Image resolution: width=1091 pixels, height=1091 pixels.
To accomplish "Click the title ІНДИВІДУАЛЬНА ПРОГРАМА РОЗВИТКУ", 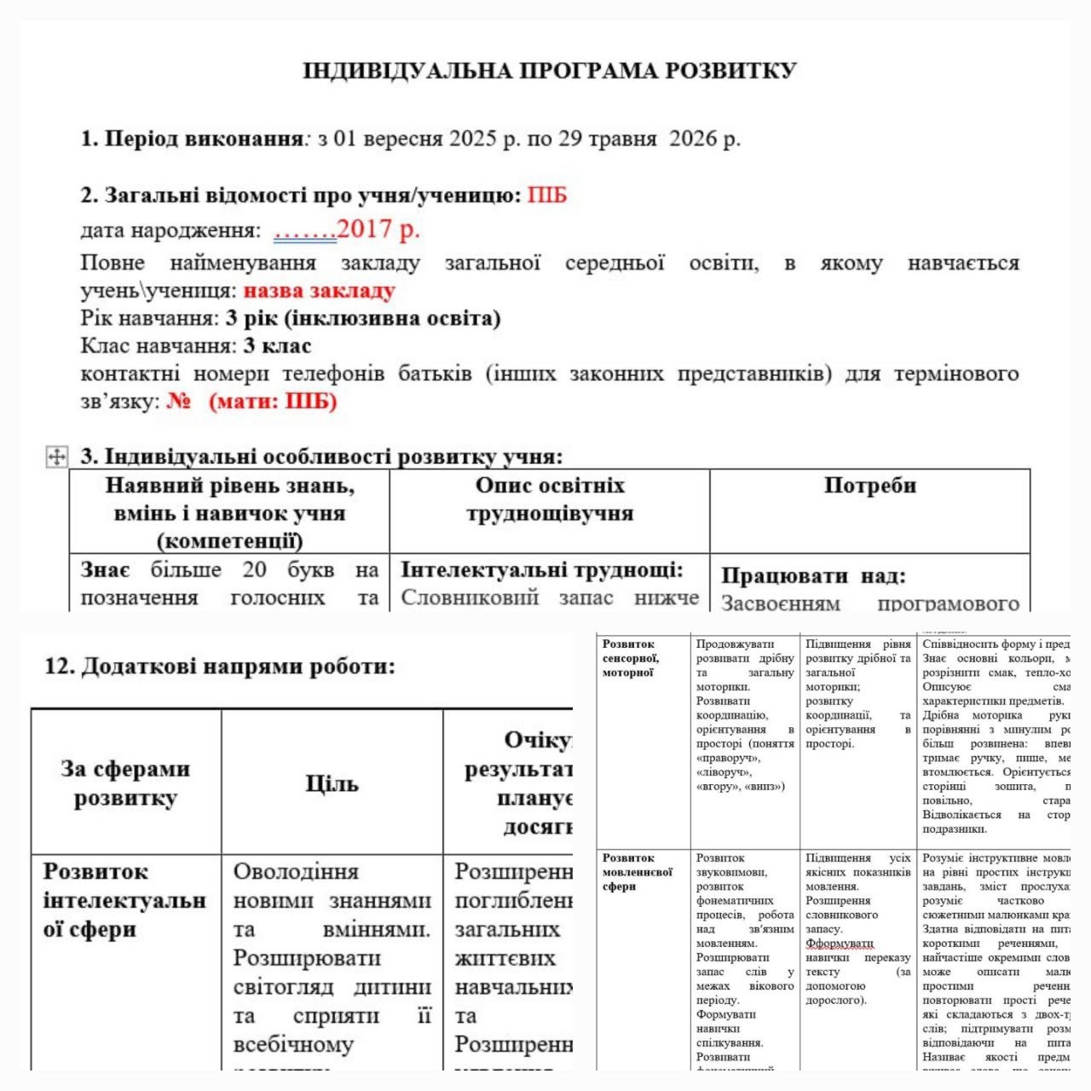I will [x=550, y=71].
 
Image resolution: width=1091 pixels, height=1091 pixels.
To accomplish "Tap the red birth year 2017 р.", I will [x=378, y=229].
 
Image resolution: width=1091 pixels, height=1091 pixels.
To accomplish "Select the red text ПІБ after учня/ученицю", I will [x=546, y=196].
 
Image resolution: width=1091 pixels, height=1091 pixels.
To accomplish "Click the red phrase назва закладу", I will [x=319, y=291].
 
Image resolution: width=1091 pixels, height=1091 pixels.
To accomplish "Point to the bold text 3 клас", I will [x=277, y=346].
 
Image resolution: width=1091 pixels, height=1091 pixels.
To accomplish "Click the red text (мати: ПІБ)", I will [x=273, y=401].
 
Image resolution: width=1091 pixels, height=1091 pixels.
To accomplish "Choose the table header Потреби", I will [x=869, y=486].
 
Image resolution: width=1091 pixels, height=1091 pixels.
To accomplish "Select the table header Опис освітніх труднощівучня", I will [x=550, y=499].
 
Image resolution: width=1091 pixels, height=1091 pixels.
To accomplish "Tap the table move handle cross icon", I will [x=56, y=457].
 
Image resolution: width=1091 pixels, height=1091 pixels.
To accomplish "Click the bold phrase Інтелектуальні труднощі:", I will [x=542, y=570].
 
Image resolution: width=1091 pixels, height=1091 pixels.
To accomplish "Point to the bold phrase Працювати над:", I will [x=813, y=576].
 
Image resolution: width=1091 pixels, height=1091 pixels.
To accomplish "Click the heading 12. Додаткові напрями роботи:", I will [x=220, y=667].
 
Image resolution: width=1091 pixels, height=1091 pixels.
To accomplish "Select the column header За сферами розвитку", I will [x=125, y=782].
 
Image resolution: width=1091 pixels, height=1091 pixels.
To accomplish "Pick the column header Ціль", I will [x=332, y=782].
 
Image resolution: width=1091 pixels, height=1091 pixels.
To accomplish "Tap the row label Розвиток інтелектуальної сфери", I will [x=124, y=900].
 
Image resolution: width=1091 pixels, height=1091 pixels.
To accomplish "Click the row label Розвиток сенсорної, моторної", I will [x=631, y=658].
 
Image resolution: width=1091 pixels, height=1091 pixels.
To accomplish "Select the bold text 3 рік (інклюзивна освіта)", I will [x=362, y=319].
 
